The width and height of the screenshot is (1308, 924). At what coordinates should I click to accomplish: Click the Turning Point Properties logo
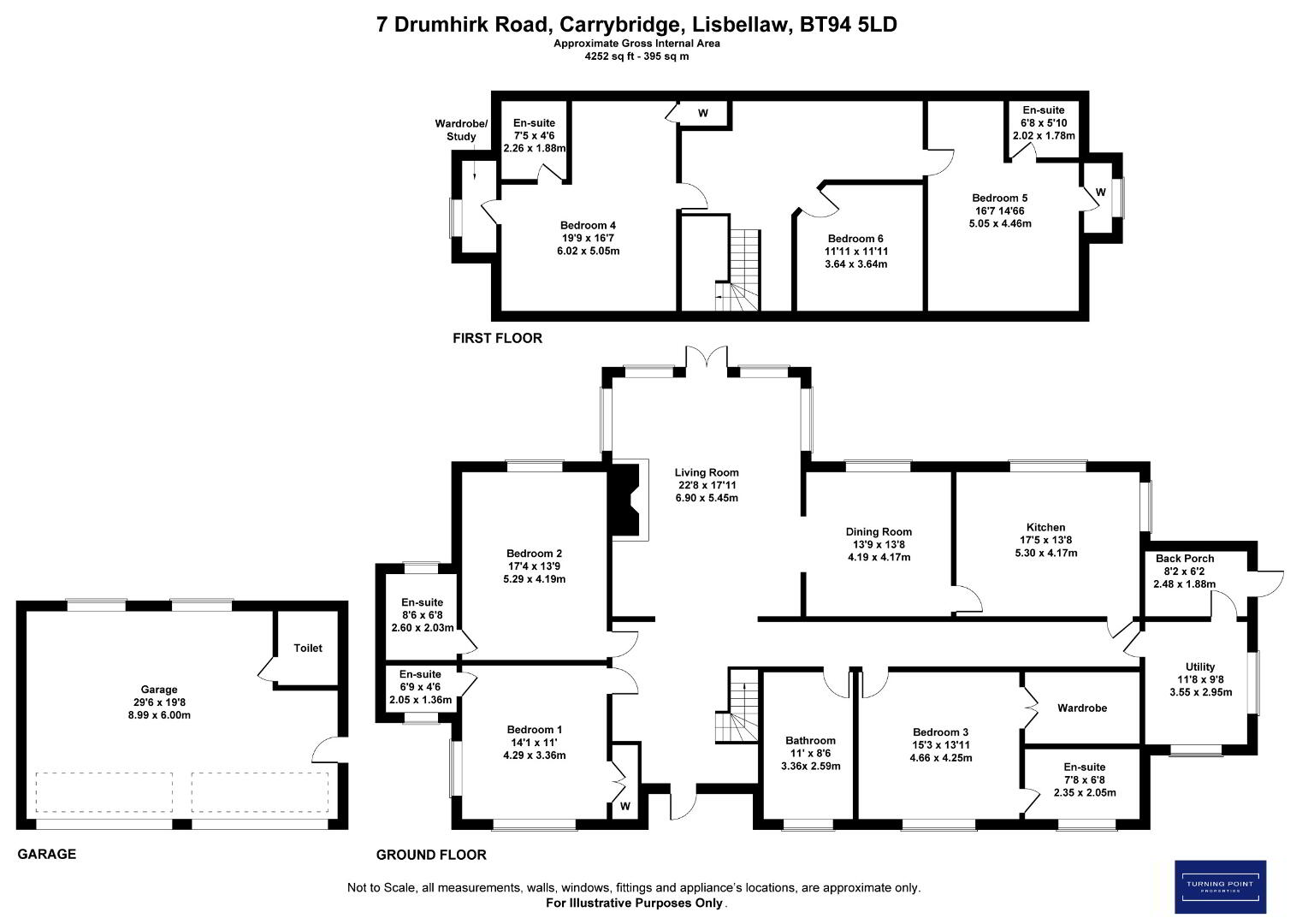tap(1220, 886)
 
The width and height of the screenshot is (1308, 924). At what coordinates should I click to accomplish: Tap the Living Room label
tap(707, 472)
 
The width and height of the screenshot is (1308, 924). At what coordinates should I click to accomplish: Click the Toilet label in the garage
tap(308, 648)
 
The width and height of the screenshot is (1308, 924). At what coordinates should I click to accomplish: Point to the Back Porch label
tap(1184, 559)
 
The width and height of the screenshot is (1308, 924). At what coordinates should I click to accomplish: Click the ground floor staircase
tap(737, 706)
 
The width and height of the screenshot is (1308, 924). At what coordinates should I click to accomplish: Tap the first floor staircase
tap(737, 269)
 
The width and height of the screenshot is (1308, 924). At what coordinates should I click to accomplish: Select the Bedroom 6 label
tap(855, 239)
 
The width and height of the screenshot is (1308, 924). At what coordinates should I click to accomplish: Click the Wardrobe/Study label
tap(461, 130)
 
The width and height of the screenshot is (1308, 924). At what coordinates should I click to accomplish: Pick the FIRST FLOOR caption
tap(498, 338)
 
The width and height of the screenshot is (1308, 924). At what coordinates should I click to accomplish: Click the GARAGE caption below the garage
tap(47, 854)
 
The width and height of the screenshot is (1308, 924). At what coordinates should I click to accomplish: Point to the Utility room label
tap(1200, 666)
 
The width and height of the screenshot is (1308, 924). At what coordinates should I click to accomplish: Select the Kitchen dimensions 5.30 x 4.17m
tap(1046, 553)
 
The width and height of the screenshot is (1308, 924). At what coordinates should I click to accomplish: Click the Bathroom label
tap(810, 740)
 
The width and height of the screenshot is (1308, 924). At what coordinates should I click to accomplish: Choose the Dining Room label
tap(879, 531)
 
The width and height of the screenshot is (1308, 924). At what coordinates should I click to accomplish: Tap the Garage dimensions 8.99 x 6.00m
tap(159, 715)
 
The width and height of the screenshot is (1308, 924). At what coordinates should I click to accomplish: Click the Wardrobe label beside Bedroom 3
tap(1082, 708)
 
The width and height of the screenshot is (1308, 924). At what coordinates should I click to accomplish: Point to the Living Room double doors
tap(707, 357)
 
